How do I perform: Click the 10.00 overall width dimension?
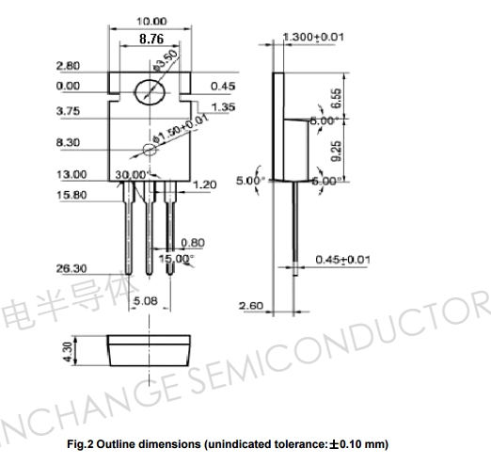point(151,21)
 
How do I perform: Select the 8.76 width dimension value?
point(151,40)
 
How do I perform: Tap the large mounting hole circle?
point(150,92)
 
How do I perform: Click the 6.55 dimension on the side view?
point(337,95)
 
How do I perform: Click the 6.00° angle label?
point(324,181)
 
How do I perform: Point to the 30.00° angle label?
point(131,175)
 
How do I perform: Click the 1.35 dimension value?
point(223,107)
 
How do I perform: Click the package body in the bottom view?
point(150,352)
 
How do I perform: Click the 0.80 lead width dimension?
point(192,242)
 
